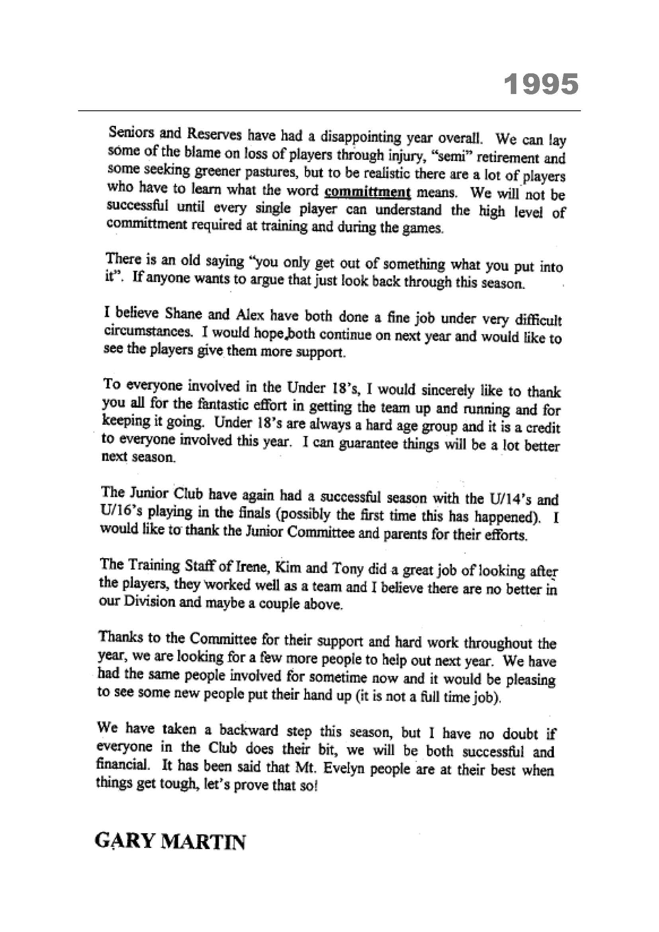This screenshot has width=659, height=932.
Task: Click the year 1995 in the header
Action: pyautogui.click(x=541, y=84)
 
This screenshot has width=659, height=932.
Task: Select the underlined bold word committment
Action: pyautogui.click(x=368, y=191)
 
